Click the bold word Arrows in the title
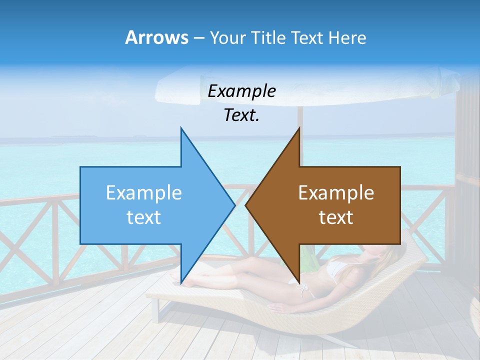[156, 38]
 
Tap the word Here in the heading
[347, 38]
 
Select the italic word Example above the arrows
[241, 91]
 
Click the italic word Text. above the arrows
[241, 115]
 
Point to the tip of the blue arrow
[234, 205]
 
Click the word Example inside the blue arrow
[144, 193]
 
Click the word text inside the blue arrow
[144, 217]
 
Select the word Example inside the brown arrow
[336, 193]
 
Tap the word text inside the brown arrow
[336, 217]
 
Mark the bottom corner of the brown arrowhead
[299, 282]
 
